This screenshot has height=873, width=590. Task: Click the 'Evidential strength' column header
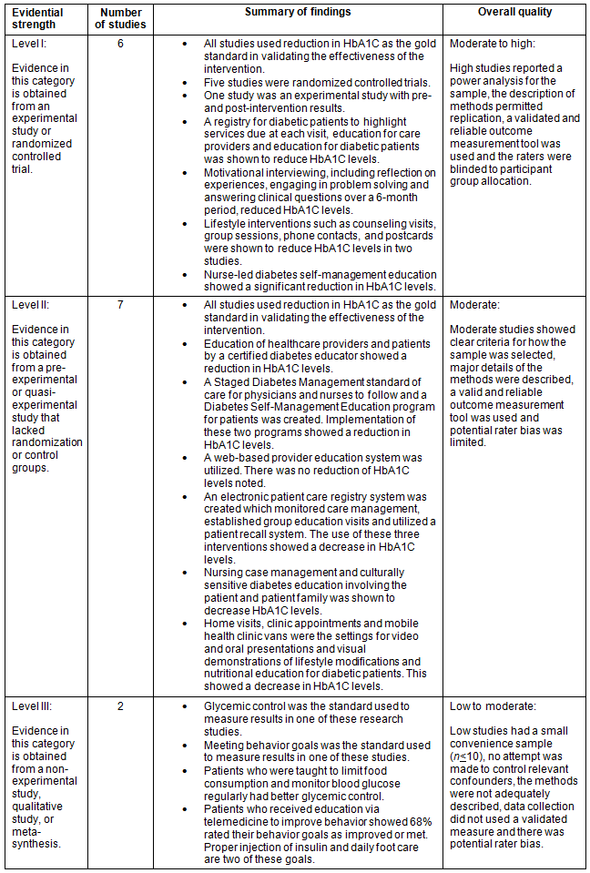[x=37, y=18]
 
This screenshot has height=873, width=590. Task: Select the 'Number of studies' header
[x=120, y=18]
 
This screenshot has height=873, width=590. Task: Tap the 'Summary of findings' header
[x=298, y=12]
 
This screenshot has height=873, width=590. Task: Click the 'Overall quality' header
[x=514, y=12]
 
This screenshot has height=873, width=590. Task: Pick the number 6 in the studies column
[x=120, y=44]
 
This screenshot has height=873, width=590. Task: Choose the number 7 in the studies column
[x=120, y=304]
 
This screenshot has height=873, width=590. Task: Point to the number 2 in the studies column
[x=120, y=706]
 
